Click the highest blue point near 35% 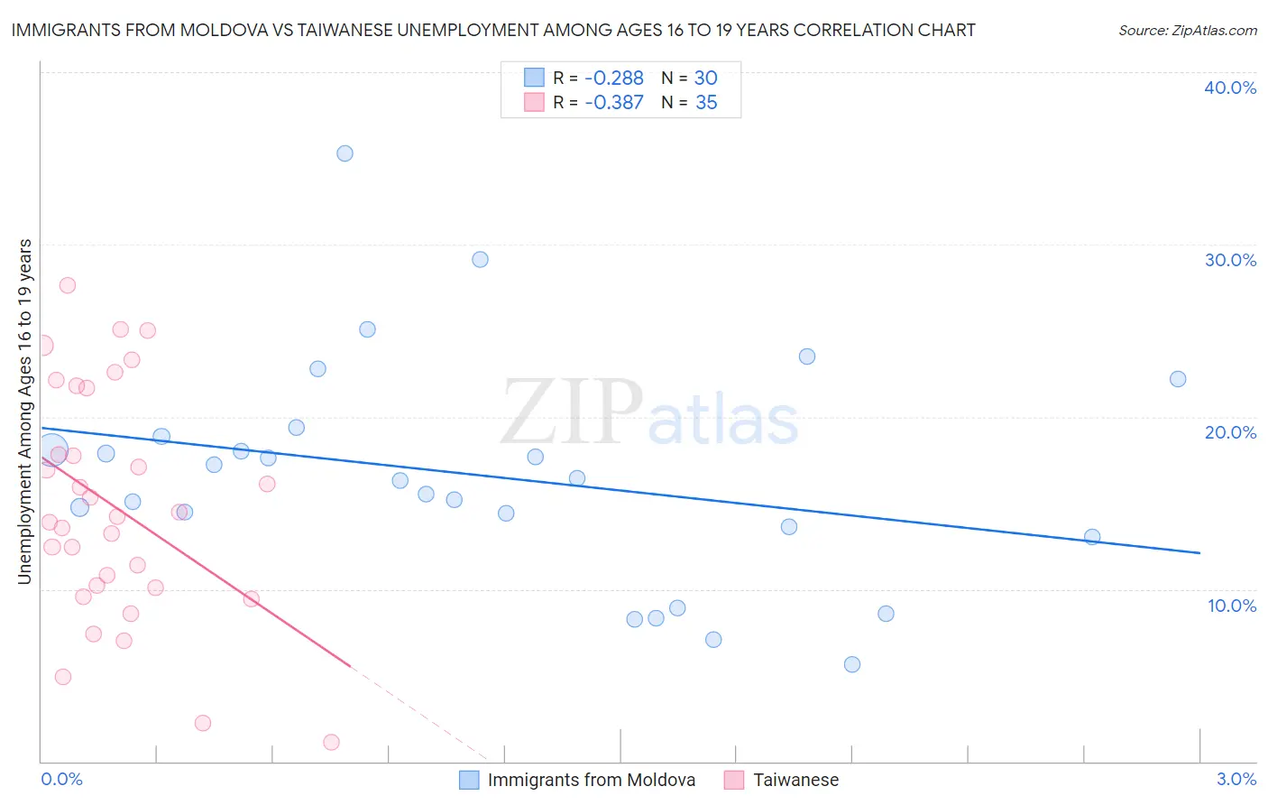tap(345, 153)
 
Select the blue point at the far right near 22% tap(1178, 379)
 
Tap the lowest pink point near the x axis tap(331, 742)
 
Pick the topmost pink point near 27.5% tap(67, 285)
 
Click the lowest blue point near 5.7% tap(852, 664)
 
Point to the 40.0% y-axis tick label tap(1230, 88)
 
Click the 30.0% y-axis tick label tap(1230, 260)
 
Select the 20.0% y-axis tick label tap(1230, 432)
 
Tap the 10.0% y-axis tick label tap(1232, 606)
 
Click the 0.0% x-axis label tap(61, 779)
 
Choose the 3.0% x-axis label tap(1236, 779)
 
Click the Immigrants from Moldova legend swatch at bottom tap(469, 780)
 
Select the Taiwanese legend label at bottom tap(795, 780)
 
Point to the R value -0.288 tap(614, 79)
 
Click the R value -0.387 tap(614, 103)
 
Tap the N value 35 tap(706, 103)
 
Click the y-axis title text tap(25, 412)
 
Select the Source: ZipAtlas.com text tap(1188, 31)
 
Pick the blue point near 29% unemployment tap(480, 259)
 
